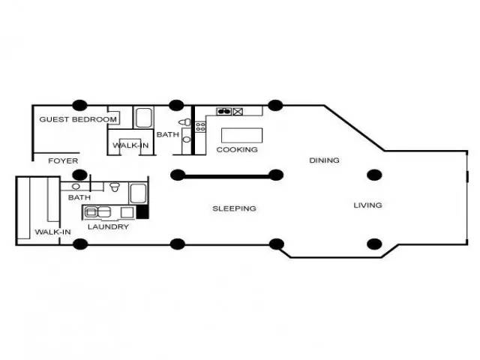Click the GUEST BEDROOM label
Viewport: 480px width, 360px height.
tap(78, 119)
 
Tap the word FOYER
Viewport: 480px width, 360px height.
tap(63, 160)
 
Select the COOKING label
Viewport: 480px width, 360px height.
tap(237, 150)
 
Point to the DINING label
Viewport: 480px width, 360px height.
tap(324, 160)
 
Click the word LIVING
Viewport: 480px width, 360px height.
tap(367, 205)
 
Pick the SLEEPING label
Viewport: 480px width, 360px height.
tap(234, 208)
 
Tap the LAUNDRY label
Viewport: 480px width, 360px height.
tap(108, 226)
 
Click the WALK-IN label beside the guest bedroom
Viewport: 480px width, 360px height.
tap(130, 145)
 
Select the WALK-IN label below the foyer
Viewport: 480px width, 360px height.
tap(53, 232)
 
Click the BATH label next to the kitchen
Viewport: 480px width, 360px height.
tap(168, 134)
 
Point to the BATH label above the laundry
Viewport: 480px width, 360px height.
tap(79, 197)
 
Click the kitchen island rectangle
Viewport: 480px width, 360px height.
tap(241, 135)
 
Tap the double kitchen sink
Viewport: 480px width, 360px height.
tap(224, 112)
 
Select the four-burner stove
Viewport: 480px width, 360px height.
tap(200, 127)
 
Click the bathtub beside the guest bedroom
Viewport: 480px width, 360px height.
tap(143, 118)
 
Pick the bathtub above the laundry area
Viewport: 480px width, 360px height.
tap(138, 193)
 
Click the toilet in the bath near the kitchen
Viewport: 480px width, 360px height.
tap(184, 122)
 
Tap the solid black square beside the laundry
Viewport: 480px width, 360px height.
tap(142, 211)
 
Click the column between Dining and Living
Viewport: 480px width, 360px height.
tap(374, 175)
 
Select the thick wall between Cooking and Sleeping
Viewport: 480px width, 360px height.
tap(226, 176)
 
